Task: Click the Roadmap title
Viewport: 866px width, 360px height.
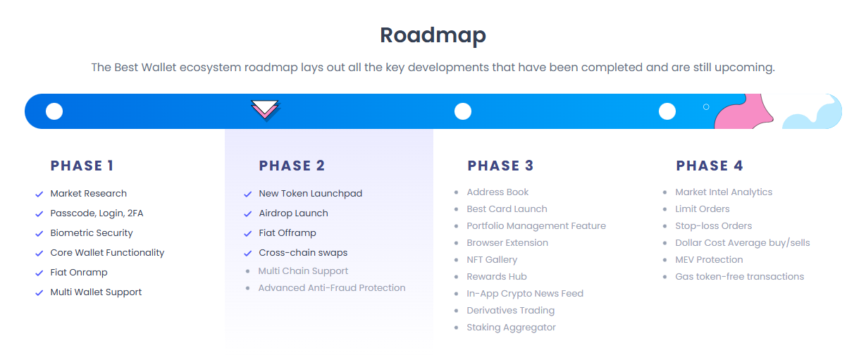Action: pyautogui.click(x=433, y=35)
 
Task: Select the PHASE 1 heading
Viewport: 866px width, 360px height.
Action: pyautogui.click(x=82, y=166)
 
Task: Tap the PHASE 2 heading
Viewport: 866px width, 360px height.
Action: pyautogui.click(x=292, y=166)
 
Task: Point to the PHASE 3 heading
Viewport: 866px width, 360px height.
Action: pyautogui.click(x=500, y=166)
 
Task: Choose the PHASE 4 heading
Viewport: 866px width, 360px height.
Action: pyautogui.click(x=709, y=166)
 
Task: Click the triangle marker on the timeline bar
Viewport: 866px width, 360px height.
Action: pyautogui.click(x=265, y=110)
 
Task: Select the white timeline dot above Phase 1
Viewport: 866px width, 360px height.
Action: pyautogui.click(x=54, y=111)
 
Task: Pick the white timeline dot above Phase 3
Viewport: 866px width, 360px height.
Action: pyautogui.click(x=463, y=111)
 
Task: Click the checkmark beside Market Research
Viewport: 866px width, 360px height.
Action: pyautogui.click(x=39, y=194)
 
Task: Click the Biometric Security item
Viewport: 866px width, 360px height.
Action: pyautogui.click(x=92, y=233)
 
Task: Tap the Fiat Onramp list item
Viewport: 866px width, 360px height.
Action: pyautogui.click(x=79, y=273)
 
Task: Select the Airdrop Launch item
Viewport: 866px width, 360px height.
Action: pyautogui.click(x=293, y=213)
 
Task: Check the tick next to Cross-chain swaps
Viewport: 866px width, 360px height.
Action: pyautogui.click(x=247, y=254)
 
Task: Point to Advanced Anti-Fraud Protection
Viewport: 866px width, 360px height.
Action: pyautogui.click(x=332, y=288)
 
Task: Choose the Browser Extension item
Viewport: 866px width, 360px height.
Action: pyautogui.click(x=507, y=243)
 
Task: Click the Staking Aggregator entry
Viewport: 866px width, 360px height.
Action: pyautogui.click(x=511, y=328)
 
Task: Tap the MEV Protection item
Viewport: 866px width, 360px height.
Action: pyautogui.click(x=709, y=260)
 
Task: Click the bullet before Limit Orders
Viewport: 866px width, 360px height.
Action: pyautogui.click(x=665, y=209)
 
